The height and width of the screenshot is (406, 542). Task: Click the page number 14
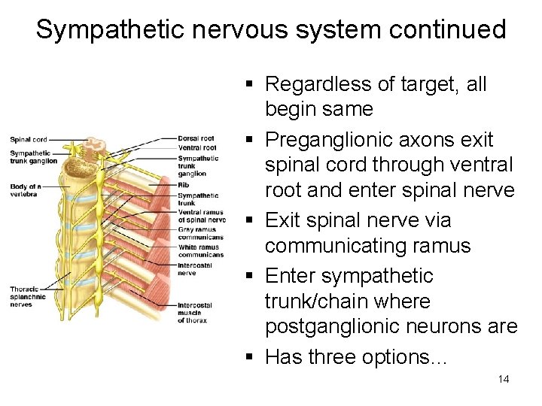tap(504, 379)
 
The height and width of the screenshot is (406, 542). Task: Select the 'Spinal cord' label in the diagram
tap(29, 139)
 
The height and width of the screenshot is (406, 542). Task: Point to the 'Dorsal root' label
tap(196, 138)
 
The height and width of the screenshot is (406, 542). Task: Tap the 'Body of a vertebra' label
tap(26, 189)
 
